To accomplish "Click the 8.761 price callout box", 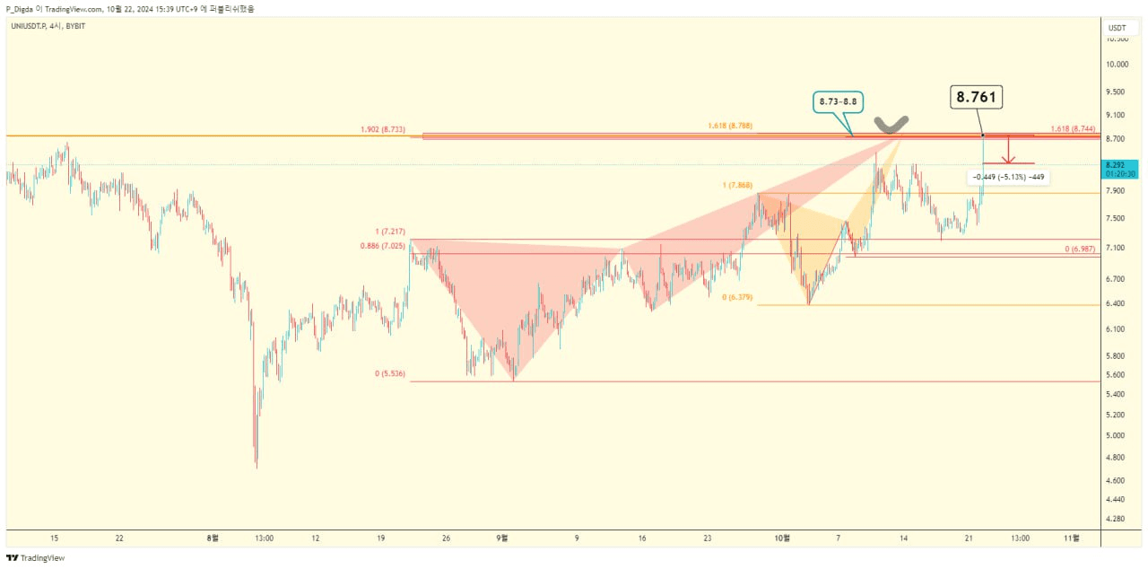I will click(977, 98).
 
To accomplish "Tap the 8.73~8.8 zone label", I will click(839, 102).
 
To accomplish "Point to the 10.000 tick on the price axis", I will click(1117, 65).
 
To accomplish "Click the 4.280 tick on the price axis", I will click(1117, 519).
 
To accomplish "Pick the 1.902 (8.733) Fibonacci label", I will click(382, 130).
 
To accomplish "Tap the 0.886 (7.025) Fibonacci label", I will click(382, 246).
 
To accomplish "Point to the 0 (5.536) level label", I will click(390, 373).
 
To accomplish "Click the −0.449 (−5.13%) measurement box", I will click(1009, 177).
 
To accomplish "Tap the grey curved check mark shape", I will click(891, 124).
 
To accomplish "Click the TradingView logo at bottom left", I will click(36, 558).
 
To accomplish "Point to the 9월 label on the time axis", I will click(502, 538).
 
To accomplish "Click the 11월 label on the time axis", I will click(1071, 538).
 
